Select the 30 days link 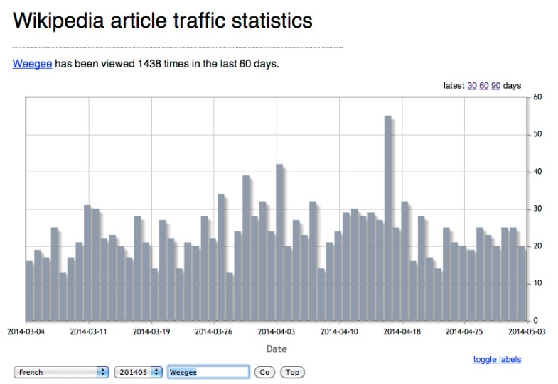(472, 86)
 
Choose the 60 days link (484, 86)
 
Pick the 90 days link (496, 86)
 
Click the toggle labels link (497, 359)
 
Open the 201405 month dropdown (138, 372)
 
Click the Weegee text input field (208, 372)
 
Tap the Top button (292, 372)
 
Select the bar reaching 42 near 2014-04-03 (279, 242)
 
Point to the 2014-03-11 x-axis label (90, 331)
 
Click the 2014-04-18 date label (403, 331)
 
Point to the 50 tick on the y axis (539, 134)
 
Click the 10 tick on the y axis (539, 282)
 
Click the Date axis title (277, 349)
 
